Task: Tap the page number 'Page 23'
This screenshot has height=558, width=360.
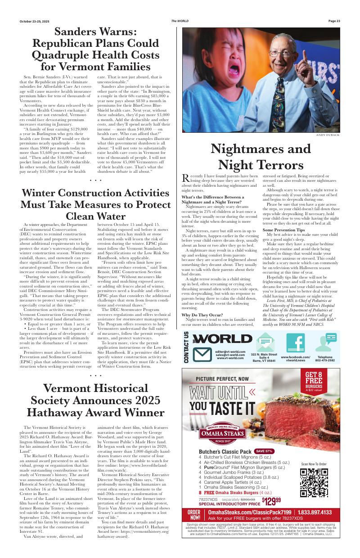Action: (x=334, y=21)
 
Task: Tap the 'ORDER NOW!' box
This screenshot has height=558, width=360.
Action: (x=194, y=515)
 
